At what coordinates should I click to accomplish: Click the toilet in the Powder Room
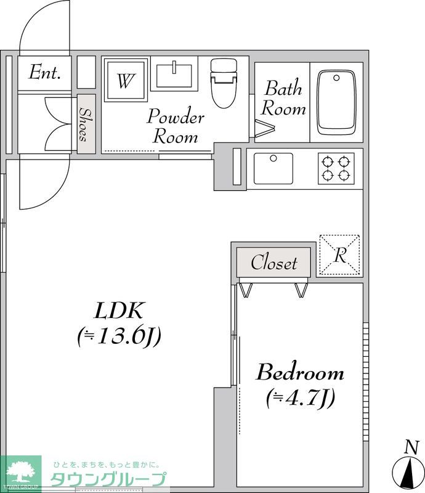tap(224, 83)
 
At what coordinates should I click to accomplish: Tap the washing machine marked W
tap(126, 80)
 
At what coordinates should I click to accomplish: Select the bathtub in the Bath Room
tap(336, 103)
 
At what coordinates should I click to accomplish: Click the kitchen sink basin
tap(273, 168)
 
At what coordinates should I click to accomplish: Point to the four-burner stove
tap(336, 168)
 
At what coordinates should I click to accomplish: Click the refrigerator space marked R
tap(340, 255)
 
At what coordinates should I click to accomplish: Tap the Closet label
tap(274, 263)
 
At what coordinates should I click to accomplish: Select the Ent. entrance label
tap(44, 72)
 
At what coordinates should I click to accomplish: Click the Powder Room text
tap(176, 126)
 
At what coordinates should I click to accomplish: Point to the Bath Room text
tap(283, 99)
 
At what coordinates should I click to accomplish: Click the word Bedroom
tap(300, 373)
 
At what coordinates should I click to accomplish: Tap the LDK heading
tap(119, 311)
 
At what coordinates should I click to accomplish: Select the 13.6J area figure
tap(119, 336)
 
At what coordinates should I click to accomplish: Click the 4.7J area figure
tap(301, 398)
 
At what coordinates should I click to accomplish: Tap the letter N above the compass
tap(412, 447)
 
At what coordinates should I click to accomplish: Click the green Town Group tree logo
tap(21, 473)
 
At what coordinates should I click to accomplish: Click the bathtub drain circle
tap(336, 78)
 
